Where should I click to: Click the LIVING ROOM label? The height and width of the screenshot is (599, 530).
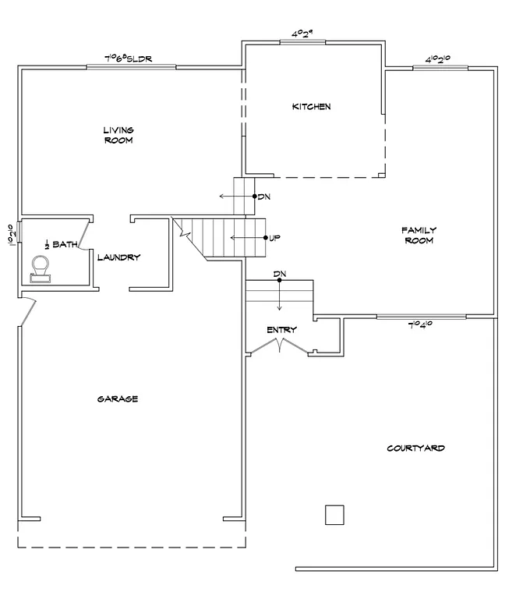(x=118, y=135)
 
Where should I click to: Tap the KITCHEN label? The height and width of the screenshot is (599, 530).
(x=311, y=106)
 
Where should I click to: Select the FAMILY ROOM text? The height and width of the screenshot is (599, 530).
(x=419, y=235)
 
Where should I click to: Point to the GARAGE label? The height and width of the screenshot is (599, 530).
(x=118, y=399)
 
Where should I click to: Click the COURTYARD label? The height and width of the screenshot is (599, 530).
(x=416, y=448)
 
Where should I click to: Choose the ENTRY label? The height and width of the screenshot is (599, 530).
(x=281, y=330)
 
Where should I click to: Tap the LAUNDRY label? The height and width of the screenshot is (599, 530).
(x=118, y=257)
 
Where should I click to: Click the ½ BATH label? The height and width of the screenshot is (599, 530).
(x=61, y=244)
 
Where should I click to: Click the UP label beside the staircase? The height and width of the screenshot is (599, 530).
(x=274, y=237)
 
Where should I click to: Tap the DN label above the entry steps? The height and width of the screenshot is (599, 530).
(x=279, y=274)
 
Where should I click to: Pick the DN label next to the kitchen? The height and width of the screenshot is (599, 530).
(x=263, y=197)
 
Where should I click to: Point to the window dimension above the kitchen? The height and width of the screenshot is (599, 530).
(x=302, y=34)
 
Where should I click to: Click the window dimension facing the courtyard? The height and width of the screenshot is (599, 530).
(x=421, y=324)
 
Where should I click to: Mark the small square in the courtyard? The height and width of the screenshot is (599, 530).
(x=334, y=515)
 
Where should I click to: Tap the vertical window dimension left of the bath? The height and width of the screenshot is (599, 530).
(x=11, y=234)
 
